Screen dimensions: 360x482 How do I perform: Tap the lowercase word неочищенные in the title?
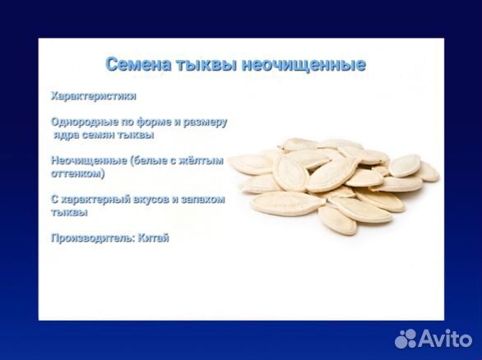click(x=304, y=64)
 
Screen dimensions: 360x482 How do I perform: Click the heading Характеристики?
click(x=93, y=95)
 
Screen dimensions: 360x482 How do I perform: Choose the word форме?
click(x=156, y=122)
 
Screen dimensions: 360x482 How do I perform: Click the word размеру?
click(x=206, y=122)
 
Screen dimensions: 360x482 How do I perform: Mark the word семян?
click(x=102, y=135)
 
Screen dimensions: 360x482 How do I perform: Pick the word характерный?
click(x=98, y=200)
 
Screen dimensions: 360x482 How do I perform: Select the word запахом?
click(x=204, y=200)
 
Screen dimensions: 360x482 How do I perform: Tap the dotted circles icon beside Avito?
click(x=407, y=338)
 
